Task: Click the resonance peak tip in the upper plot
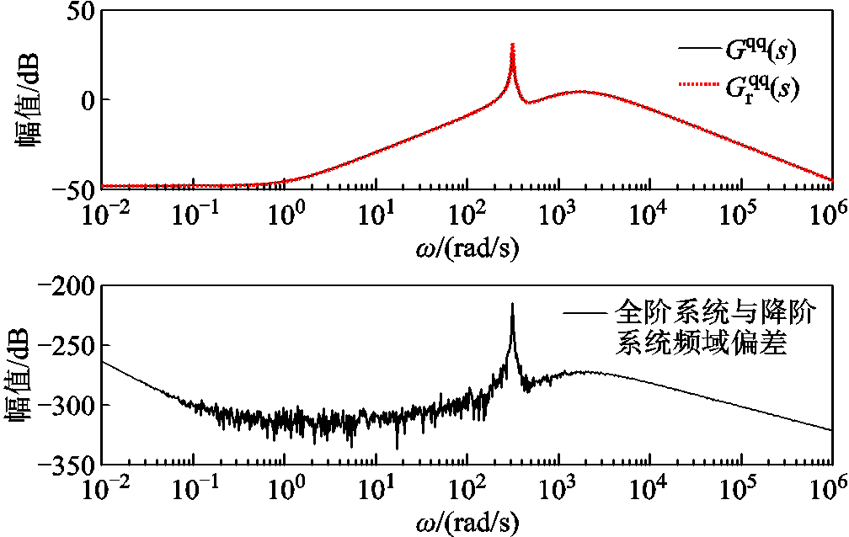coord(513,45)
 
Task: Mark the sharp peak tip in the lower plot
coord(512,305)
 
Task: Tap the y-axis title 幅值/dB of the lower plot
coord(31,376)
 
